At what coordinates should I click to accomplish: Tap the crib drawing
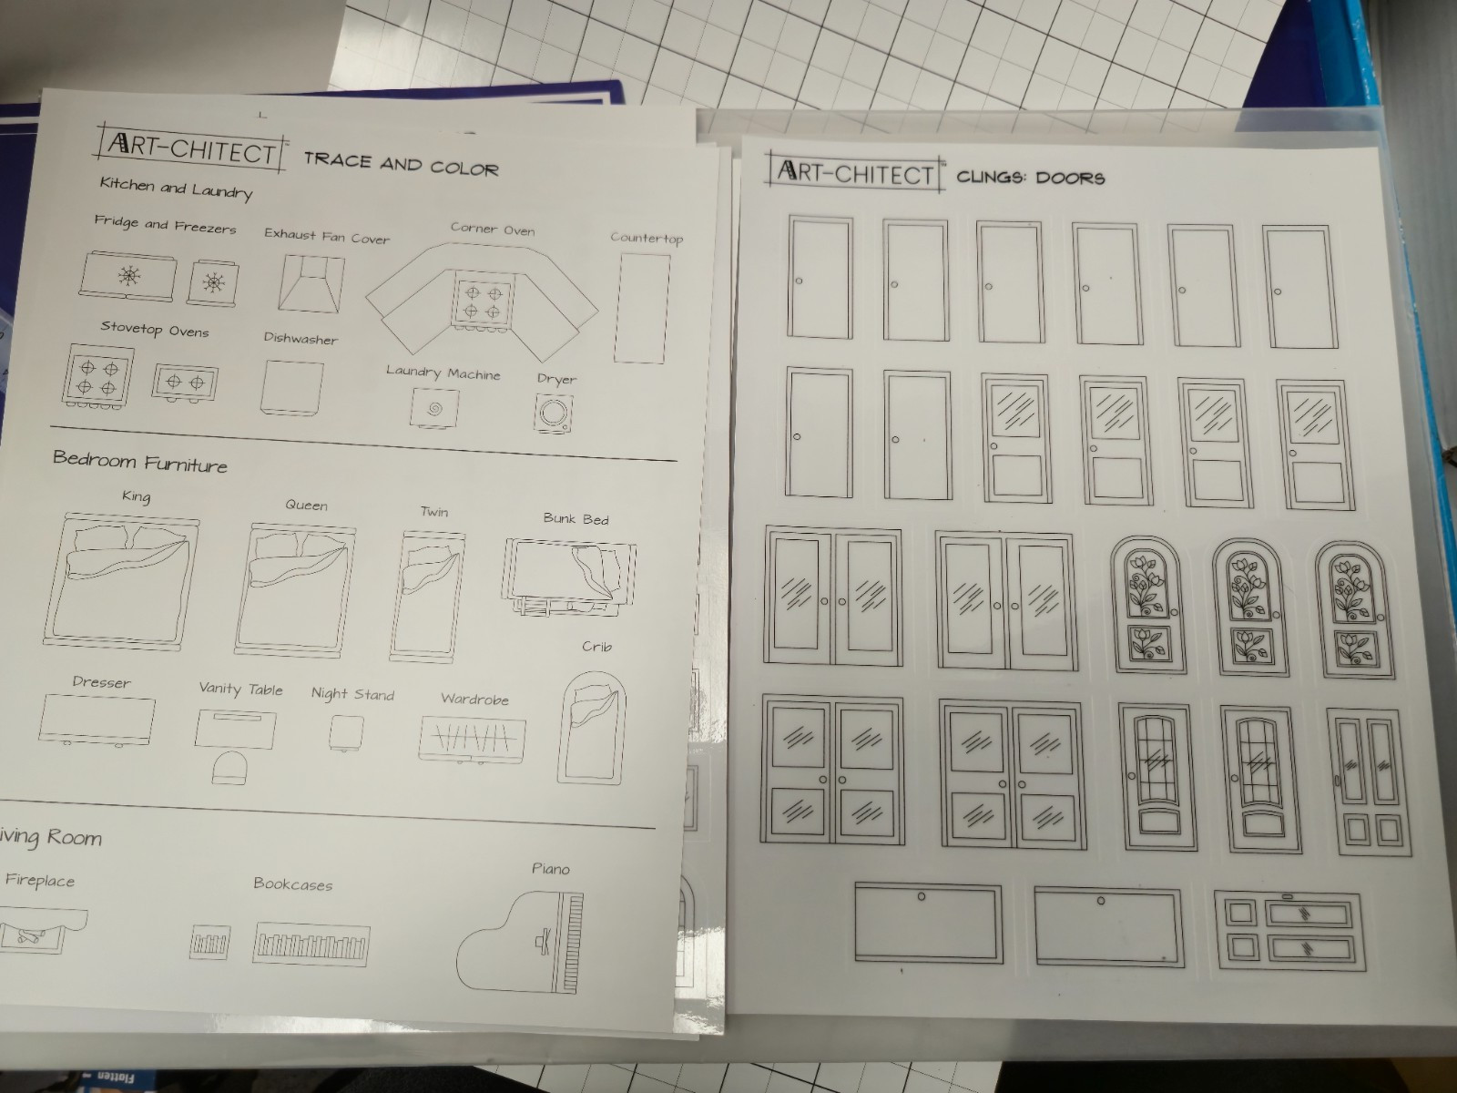click(592, 728)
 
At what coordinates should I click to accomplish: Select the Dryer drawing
click(555, 414)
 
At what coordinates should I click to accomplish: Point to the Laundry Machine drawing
click(434, 408)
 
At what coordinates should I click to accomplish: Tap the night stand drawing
click(347, 733)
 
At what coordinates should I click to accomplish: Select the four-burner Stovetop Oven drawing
click(97, 376)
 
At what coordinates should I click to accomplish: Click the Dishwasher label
click(301, 339)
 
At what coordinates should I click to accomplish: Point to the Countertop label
click(647, 238)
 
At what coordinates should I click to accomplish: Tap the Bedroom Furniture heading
click(140, 461)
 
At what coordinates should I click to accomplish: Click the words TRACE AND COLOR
click(401, 164)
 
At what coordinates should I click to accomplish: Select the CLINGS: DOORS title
click(1030, 178)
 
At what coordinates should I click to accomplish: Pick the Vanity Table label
click(241, 690)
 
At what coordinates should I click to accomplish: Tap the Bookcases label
click(292, 884)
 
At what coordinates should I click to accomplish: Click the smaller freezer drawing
click(212, 283)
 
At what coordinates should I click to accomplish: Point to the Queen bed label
click(307, 505)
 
